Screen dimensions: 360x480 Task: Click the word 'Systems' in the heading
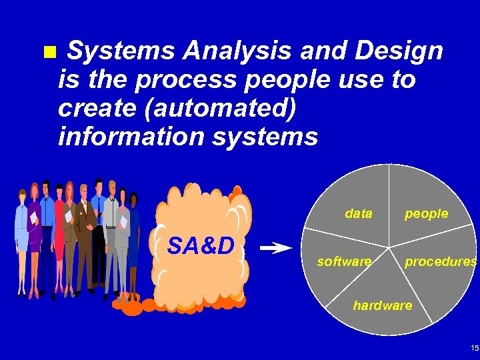point(122,51)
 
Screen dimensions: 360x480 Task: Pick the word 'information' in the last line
point(127,137)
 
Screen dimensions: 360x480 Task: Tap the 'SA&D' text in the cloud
point(201,247)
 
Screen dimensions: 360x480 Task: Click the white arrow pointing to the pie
point(275,249)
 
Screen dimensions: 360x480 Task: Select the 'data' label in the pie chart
point(359,214)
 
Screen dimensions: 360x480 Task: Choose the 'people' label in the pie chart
point(427,214)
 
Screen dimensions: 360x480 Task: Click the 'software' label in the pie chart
point(344,262)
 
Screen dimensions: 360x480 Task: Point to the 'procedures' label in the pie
point(441,262)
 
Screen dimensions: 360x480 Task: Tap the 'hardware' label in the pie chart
point(382,305)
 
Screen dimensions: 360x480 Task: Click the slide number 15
point(474,349)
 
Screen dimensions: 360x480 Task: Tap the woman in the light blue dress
point(21,237)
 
